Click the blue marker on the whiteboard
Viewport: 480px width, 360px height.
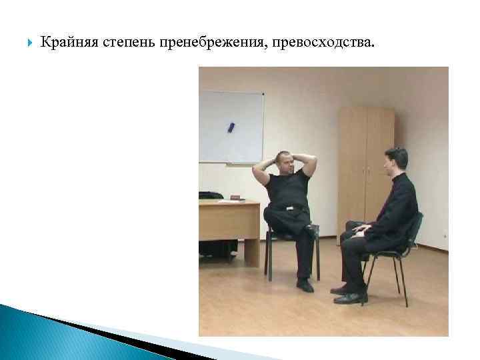coord(231,125)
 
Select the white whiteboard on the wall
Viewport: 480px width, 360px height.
coord(232,127)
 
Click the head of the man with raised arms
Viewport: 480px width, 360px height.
coord(283,162)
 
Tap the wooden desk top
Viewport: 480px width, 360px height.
coord(227,203)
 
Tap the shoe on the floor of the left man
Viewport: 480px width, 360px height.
coord(305,285)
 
